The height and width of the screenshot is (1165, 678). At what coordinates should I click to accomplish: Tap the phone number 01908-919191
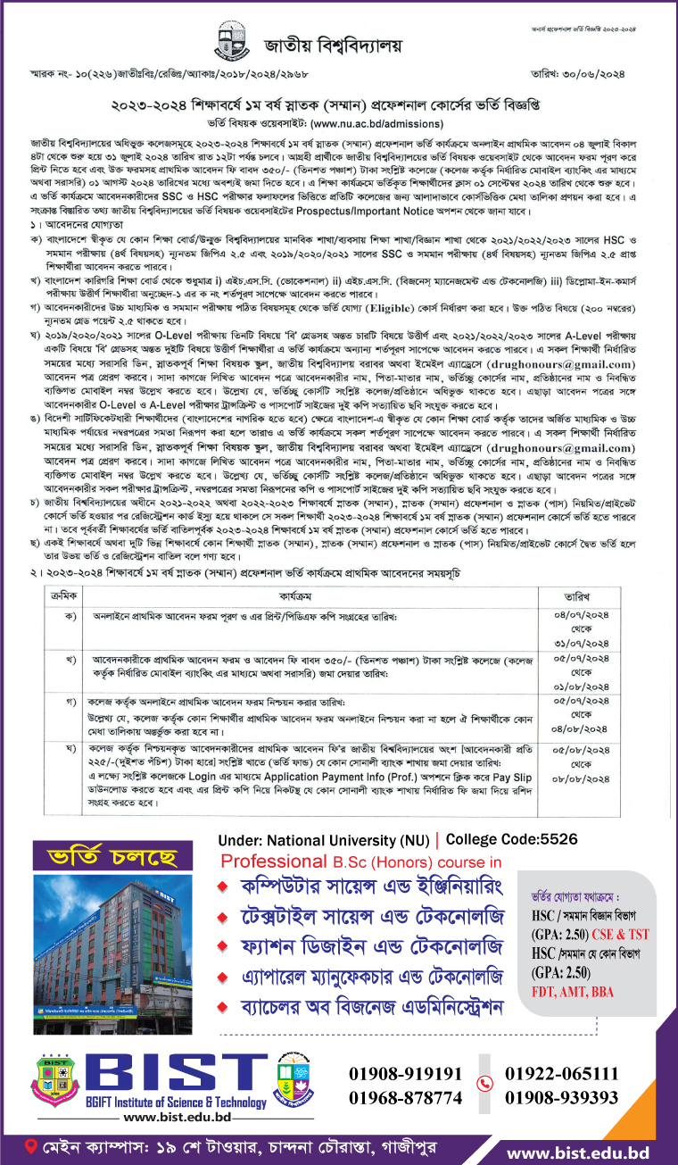point(406,1073)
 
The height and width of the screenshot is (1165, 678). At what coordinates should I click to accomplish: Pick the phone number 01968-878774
point(406,1097)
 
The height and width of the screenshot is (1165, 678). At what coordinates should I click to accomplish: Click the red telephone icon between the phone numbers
point(484,1085)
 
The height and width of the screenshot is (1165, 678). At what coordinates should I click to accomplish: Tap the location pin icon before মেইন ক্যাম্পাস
point(32,1144)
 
